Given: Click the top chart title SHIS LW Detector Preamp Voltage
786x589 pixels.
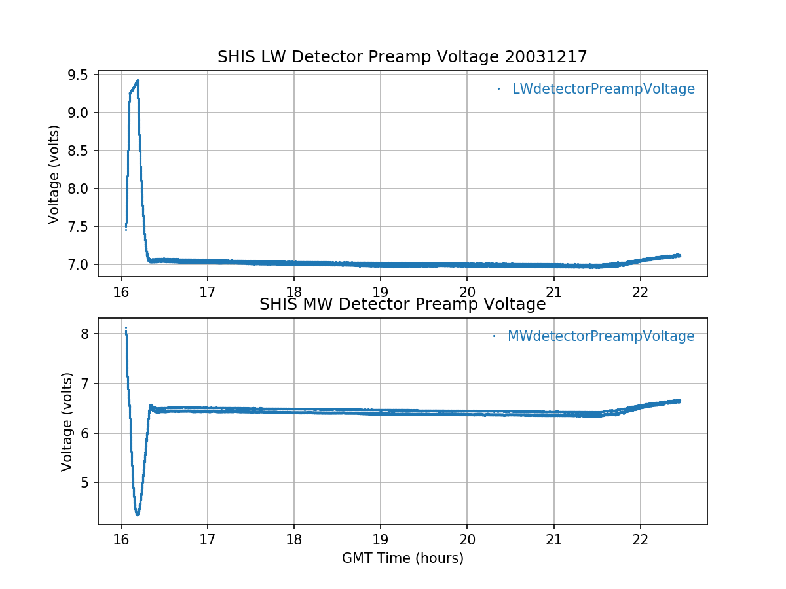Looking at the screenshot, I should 402,58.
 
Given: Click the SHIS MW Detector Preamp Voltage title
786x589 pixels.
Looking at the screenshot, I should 402,304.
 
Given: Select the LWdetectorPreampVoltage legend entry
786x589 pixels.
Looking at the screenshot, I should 603,89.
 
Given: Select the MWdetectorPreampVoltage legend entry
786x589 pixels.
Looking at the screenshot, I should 601,336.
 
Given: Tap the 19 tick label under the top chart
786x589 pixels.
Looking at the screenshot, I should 381,292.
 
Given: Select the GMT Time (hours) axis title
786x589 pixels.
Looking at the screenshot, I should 402,558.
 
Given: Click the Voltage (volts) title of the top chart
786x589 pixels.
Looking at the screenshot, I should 54,175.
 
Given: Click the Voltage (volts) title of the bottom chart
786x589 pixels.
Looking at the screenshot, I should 67,421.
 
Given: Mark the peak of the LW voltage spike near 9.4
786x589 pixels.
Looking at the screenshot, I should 138,80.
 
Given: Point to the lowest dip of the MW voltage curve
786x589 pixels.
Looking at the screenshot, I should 137,514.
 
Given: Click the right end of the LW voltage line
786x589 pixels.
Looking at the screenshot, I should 680,255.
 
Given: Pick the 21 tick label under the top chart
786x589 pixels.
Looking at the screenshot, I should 554,292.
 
